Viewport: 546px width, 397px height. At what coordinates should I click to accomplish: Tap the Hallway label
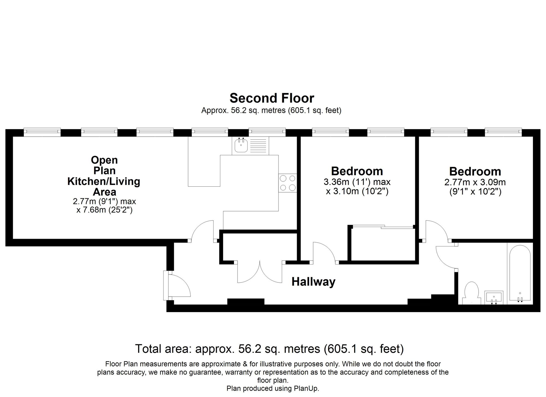(313, 282)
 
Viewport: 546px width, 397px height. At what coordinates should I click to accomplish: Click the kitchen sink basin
(241, 145)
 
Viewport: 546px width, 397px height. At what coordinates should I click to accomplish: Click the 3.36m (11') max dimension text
(357, 182)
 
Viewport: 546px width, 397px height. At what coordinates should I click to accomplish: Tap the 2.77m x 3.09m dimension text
(475, 182)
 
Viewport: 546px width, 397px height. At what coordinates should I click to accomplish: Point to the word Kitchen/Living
(104, 181)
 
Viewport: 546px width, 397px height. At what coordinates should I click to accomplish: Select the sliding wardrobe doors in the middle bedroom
(383, 226)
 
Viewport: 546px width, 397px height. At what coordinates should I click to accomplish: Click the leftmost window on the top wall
(42, 132)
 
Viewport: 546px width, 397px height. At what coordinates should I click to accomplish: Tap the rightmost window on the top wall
(503, 132)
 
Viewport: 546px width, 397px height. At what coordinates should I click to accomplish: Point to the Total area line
(269, 349)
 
